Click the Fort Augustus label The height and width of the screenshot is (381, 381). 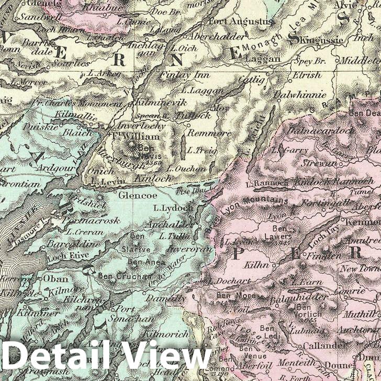(x=241, y=21)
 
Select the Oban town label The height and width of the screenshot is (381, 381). (x=55, y=278)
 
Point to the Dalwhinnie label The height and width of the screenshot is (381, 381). (x=307, y=95)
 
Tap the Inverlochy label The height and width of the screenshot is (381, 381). (x=141, y=126)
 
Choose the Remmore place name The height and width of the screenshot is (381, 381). (x=208, y=133)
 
